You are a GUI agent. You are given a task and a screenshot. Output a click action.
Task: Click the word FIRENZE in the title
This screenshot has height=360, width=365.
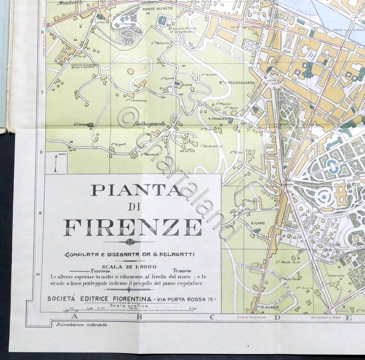tap(133, 227)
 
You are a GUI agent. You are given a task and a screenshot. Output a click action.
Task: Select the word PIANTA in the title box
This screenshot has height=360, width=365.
tap(136, 190)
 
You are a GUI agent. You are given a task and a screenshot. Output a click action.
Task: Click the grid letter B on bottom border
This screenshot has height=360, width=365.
tap(140, 316)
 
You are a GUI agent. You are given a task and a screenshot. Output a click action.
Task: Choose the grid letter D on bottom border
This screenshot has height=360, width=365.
tap(277, 317)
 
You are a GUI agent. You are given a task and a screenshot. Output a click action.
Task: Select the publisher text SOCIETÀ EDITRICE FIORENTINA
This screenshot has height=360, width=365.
tap(99, 299)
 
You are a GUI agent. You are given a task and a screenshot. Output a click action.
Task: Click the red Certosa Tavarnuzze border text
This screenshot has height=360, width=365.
tap(251, 317)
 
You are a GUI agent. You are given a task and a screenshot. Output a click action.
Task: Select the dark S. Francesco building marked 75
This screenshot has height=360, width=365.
tap(90, 125)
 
